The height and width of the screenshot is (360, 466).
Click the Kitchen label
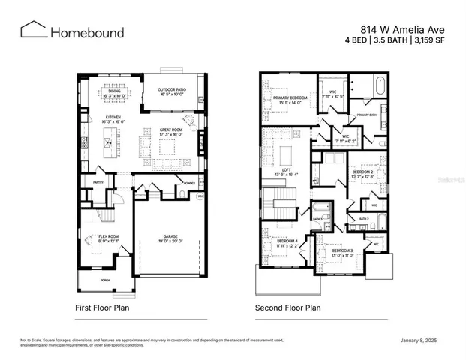pyautogui.click(x=113, y=118)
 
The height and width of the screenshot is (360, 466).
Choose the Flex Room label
pyautogui.click(x=109, y=236)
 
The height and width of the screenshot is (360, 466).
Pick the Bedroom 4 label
pyautogui.click(x=287, y=241)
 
